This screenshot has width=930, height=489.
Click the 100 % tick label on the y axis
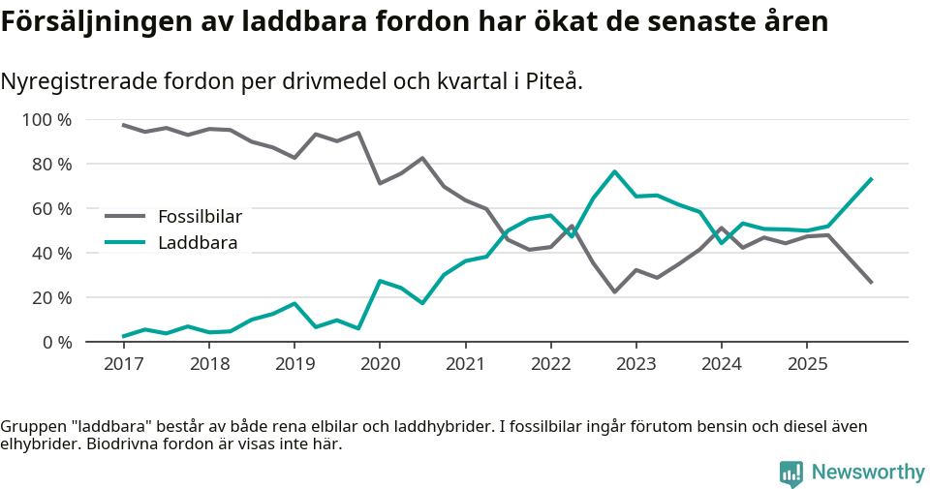46,120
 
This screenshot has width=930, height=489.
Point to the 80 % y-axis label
51,165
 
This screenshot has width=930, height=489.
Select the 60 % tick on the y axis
51,209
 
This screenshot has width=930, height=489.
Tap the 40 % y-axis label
51,254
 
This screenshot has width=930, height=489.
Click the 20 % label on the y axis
51,298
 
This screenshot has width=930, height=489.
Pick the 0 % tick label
55,343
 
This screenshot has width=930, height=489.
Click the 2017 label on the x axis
123,364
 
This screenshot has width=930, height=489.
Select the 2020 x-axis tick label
379,364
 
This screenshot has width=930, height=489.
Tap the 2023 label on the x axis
635,364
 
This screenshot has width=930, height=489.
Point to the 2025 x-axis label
807,364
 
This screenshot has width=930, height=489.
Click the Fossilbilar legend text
200,217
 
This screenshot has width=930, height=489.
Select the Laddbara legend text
198,243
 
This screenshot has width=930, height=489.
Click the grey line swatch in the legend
125,217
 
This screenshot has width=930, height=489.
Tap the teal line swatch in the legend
125,243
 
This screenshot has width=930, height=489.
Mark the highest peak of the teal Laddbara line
614,171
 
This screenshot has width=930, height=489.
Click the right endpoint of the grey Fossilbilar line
872,283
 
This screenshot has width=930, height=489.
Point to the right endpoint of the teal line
872,178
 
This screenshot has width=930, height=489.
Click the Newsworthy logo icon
791,473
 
